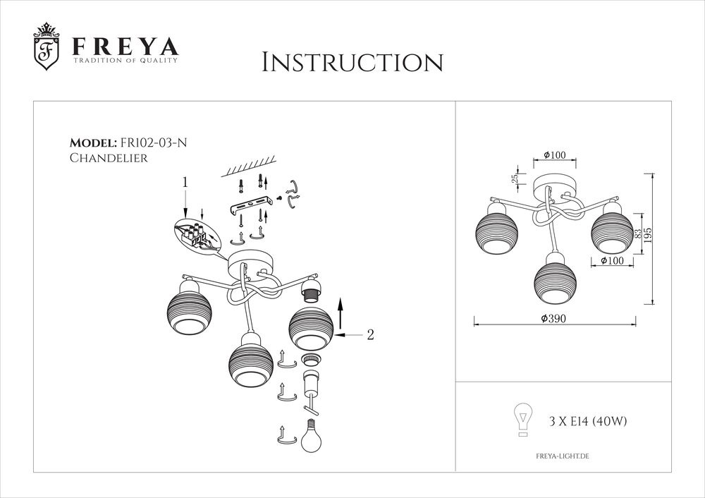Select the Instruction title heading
(x=352, y=62)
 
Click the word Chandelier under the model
(x=109, y=159)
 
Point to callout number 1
(x=185, y=182)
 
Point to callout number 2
(x=369, y=335)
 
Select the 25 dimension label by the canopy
(x=515, y=179)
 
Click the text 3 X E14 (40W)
(x=588, y=422)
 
